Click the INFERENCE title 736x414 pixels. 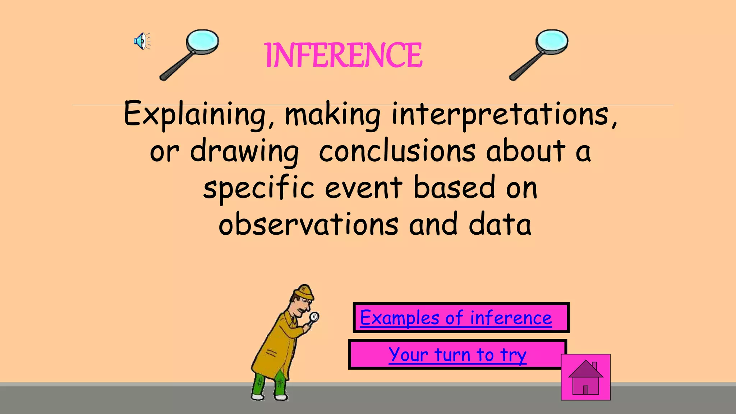[343, 55]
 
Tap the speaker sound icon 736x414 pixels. [142, 41]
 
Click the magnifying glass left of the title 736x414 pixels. [189, 54]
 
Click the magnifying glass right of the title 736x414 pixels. [539, 54]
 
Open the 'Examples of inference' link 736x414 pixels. [456, 318]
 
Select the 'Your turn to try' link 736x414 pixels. [457, 355]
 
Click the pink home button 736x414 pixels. [585, 377]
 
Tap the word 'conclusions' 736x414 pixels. [397, 151]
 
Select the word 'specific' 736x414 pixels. [259, 188]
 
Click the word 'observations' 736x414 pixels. [308, 225]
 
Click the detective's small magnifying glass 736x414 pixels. [314, 317]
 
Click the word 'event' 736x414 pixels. [364, 188]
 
